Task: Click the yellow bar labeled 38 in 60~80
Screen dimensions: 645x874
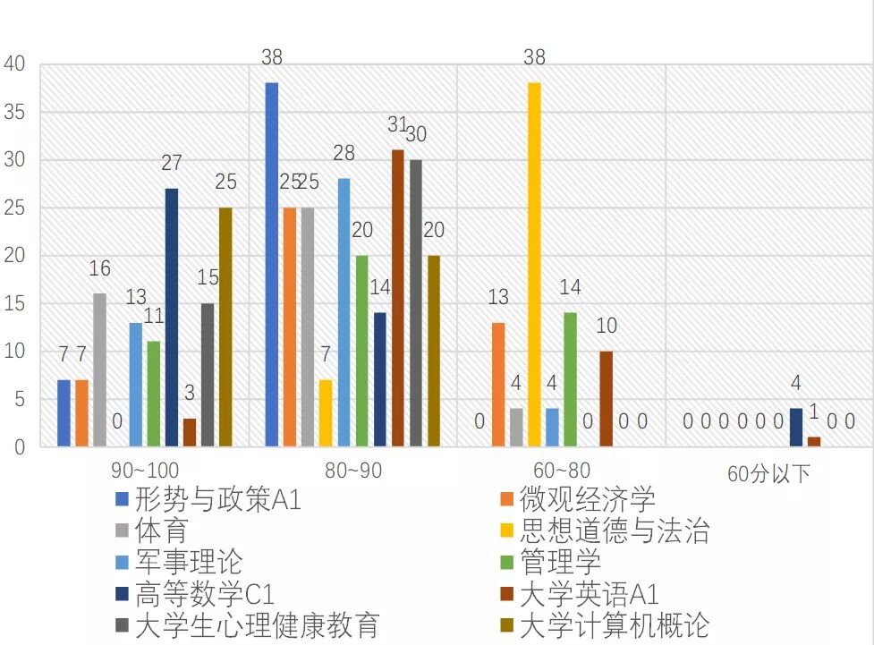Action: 534,265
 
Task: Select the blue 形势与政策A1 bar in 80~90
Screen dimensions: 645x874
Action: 272,265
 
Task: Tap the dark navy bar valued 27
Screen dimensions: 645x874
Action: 171,318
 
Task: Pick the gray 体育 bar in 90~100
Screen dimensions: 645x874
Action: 99,370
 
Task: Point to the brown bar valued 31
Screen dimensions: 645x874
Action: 398,298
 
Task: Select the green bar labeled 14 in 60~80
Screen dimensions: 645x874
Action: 570,379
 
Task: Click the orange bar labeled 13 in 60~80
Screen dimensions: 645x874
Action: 498,385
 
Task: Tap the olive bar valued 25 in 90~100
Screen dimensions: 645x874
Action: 225,327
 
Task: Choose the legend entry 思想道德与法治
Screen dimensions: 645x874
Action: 614,530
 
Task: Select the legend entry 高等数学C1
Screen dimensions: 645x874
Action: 206,594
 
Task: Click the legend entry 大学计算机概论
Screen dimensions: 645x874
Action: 614,625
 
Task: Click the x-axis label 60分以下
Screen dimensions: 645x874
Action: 768,471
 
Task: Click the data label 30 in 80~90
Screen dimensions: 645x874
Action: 416,135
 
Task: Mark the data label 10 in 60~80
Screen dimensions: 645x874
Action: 607,327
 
